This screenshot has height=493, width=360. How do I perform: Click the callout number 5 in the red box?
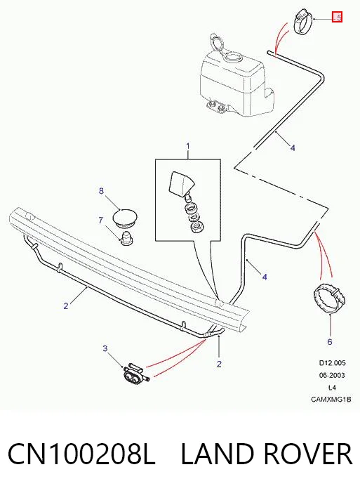pyautogui.click(x=338, y=17)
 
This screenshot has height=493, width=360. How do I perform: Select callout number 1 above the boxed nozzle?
pyautogui.click(x=188, y=146)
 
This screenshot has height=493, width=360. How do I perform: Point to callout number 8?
pyautogui.click(x=101, y=191)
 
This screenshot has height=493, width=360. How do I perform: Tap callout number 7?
pyautogui.click(x=100, y=220)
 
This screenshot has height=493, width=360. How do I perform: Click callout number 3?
pyautogui.click(x=105, y=348)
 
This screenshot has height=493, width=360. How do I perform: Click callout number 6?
pyautogui.click(x=330, y=342)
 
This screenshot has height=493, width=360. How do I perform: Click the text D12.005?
pyautogui.click(x=333, y=363)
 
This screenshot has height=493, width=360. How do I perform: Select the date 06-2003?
pyautogui.click(x=332, y=376)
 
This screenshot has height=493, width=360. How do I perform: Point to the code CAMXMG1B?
pyautogui.click(x=331, y=400)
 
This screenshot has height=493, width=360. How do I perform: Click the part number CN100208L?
pyautogui.click(x=81, y=454)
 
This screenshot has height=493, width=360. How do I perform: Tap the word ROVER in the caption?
pyautogui.click(x=307, y=454)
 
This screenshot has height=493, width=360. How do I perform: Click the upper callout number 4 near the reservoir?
pyautogui.click(x=293, y=147)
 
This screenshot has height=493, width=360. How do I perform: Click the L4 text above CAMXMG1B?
pyautogui.click(x=332, y=388)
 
